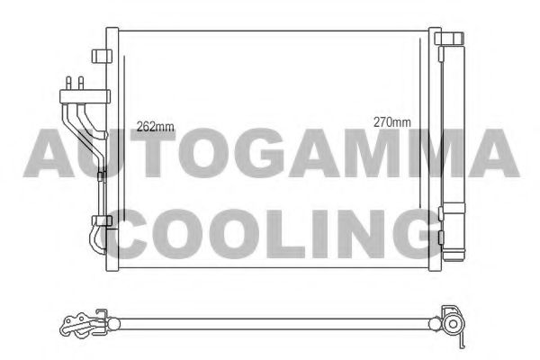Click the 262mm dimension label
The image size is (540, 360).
click(x=155, y=127)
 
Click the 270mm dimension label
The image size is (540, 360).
click(x=392, y=122)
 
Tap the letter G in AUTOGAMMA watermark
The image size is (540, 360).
click(x=256, y=153)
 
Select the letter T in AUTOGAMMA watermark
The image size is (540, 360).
click(x=153, y=153)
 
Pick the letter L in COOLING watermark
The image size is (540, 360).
click(x=284, y=234)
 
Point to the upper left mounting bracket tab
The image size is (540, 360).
click(x=102, y=56)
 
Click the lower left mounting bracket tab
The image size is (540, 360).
click(x=102, y=220)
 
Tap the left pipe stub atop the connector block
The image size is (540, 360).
click(x=68, y=83)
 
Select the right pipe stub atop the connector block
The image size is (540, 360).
click(x=81, y=83)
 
